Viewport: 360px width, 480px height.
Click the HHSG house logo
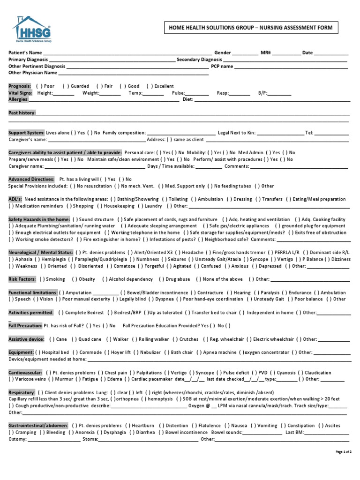point(31,30)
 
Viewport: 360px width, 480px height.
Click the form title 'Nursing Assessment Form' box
point(250,28)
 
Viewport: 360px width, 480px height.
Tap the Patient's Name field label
point(25,53)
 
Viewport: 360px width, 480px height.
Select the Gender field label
point(222,53)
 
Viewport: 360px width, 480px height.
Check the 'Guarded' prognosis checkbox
point(66,86)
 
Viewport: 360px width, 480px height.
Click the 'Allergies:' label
point(19,100)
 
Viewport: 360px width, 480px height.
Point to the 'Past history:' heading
point(22,113)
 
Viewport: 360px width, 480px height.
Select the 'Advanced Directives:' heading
point(31,180)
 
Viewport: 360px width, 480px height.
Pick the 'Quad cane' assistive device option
point(75,339)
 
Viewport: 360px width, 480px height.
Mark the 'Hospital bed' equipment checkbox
point(38,352)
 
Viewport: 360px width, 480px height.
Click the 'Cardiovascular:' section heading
point(25,373)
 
